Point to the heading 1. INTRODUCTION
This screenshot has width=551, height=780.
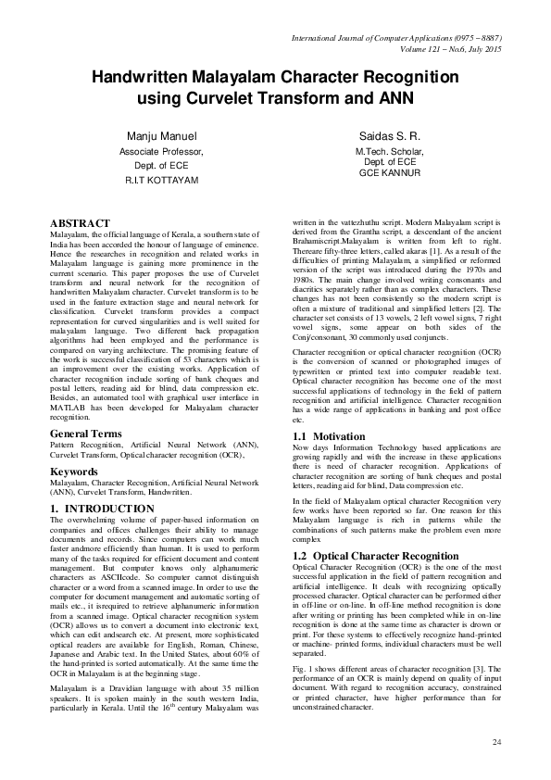tap(102, 509)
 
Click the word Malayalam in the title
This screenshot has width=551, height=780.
tap(244, 79)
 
